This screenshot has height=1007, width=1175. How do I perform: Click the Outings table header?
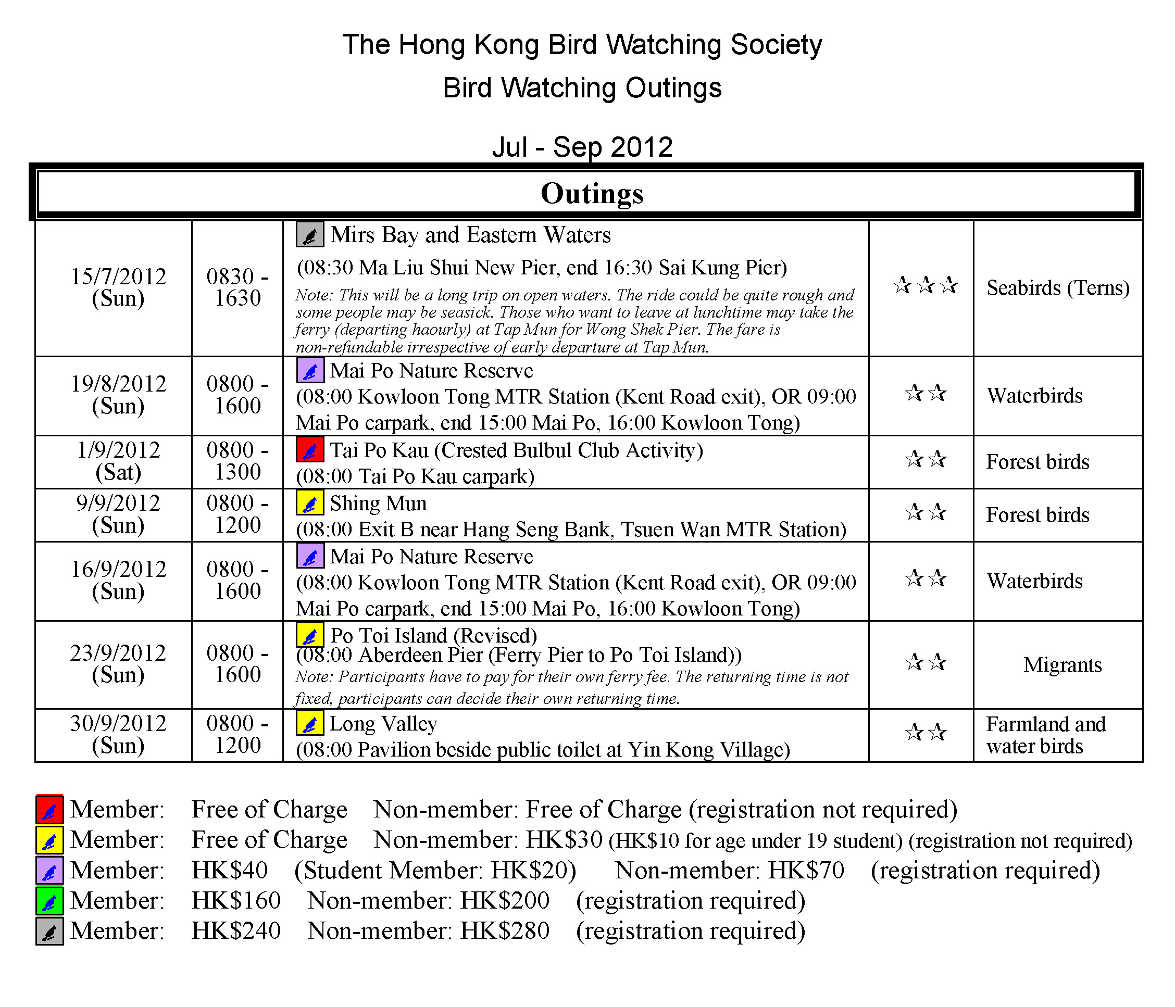point(592,193)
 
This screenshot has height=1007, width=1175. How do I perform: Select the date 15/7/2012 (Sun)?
point(118,287)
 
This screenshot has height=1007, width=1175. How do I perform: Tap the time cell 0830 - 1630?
point(237,287)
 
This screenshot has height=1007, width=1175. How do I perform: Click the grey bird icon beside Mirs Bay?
point(309,235)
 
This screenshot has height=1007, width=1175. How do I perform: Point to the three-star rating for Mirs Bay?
point(925,285)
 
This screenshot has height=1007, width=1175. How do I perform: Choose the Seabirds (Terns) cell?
point(1058,288)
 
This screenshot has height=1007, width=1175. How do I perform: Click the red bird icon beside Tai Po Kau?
point(309,450)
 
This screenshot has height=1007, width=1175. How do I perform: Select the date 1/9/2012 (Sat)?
point(118,461)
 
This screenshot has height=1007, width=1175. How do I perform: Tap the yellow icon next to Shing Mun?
point(309,503)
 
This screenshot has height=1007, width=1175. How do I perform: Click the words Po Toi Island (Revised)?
point(433,635)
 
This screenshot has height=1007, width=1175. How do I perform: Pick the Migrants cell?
point(1062,664)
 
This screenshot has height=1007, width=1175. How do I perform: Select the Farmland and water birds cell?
point(1046,735)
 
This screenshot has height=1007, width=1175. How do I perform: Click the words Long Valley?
point(383,724)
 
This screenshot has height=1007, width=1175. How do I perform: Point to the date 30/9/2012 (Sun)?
point(118,734)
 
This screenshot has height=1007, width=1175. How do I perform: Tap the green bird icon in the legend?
point(49,901)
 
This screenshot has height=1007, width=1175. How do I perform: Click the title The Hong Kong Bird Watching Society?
point(582,45)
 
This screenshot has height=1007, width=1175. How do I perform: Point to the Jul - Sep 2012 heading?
point(582,147)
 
